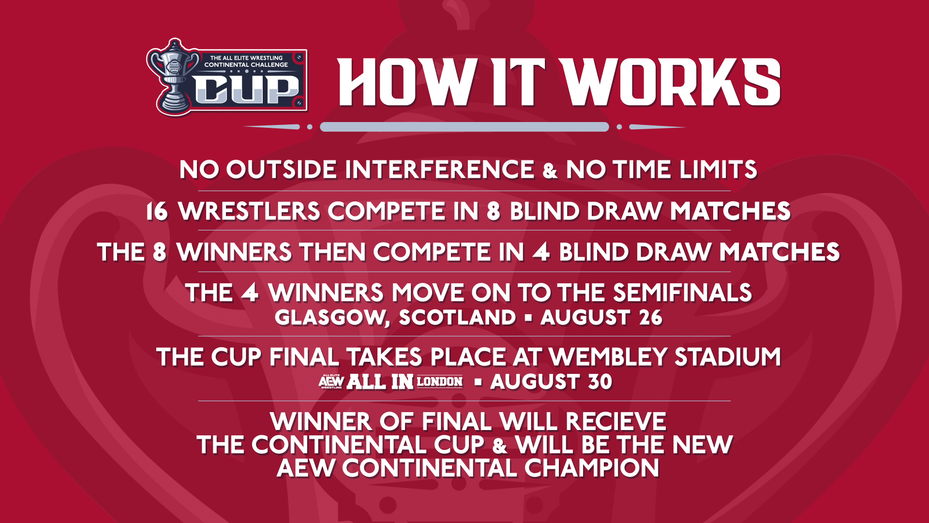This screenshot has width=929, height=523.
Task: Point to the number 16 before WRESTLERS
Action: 157,212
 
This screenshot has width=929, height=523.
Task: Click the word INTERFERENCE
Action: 439,169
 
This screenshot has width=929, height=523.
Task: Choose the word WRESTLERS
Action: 249,212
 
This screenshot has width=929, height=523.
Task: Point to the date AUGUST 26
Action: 601,318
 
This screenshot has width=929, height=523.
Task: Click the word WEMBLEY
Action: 609,357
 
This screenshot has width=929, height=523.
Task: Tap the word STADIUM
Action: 728,357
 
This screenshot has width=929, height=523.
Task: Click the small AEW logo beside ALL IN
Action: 331,382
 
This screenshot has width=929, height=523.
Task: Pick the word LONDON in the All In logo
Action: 439,382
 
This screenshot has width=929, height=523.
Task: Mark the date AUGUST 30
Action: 551,382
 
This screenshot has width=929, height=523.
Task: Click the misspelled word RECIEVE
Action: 615,421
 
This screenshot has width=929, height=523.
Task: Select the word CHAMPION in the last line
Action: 592,468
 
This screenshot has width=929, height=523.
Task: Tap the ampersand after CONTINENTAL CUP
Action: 500,446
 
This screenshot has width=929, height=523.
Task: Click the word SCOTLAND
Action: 457,318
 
